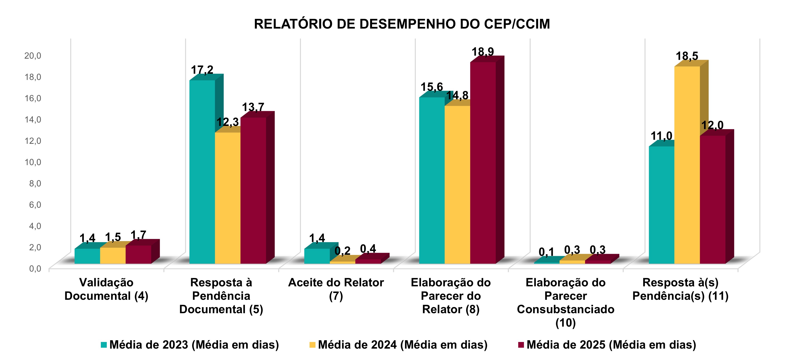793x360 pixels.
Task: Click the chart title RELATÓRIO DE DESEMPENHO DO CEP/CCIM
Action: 402,24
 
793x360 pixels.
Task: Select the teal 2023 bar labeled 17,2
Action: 202,172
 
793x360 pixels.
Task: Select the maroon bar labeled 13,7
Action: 253,191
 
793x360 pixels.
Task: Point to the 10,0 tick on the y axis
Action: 33,162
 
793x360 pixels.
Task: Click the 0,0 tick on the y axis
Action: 35,269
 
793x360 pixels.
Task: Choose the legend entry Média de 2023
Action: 194,345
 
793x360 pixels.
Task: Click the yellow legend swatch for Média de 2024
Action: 312,345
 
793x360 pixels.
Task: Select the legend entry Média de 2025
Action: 611,345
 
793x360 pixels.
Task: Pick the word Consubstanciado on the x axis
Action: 565,309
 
